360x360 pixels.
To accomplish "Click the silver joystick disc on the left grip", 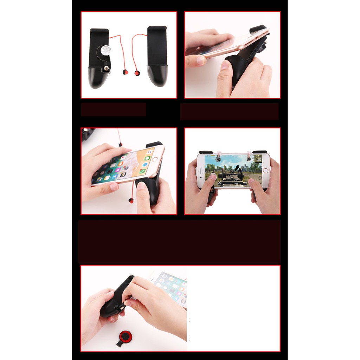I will [x=105, y=51].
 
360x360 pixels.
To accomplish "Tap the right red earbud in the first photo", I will [x=137, y=73].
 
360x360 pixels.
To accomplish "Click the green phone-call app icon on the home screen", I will [x=142, y=171].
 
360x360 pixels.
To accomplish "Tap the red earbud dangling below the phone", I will [x=131, y=200].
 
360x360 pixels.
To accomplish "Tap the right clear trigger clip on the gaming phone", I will [x=249, y=154].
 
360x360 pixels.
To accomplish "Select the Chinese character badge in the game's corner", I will [x=259, y=159].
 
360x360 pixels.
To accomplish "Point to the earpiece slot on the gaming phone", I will [x=200, y=170].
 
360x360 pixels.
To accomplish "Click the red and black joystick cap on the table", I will [x=125, y=336].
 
